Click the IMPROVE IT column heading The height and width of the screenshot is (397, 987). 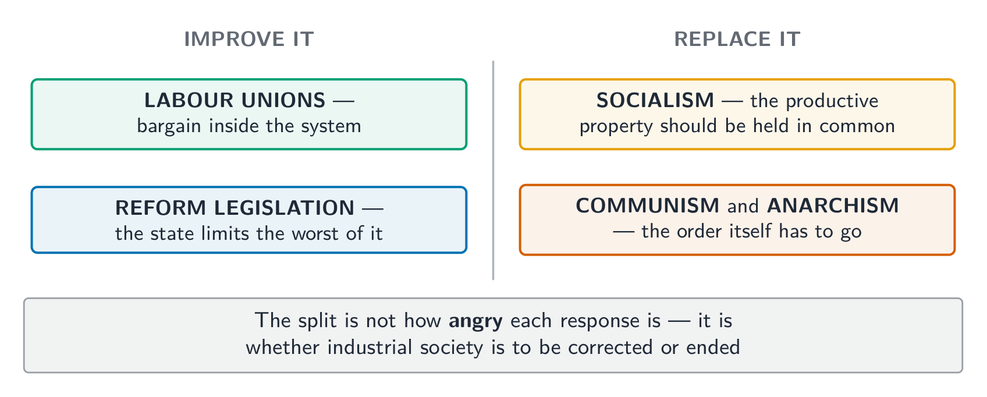tap(249, 39)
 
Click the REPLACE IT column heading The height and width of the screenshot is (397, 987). tap(737, 39)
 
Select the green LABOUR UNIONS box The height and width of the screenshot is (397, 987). tap(249, 114)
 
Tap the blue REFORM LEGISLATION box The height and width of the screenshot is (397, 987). tap(249, 220)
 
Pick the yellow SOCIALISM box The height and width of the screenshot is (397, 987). tap(737, 114)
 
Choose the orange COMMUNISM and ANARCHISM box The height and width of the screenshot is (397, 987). tap(737, 220)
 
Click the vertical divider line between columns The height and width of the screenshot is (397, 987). tap(493, 170)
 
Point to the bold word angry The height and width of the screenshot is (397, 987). tap(475, 321)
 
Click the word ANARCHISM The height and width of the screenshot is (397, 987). tap(833, 205)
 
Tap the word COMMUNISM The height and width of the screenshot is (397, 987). tap(647, 205)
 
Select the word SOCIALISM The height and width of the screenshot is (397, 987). tap(655, 101)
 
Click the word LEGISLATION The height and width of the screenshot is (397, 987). tap(284, 208)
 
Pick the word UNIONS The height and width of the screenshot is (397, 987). tap(283, 101)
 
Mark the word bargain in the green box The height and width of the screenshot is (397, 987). tap(169, 126)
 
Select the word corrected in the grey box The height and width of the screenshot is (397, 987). tap(610, 348)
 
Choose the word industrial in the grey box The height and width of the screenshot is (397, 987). tap(370, 347)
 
